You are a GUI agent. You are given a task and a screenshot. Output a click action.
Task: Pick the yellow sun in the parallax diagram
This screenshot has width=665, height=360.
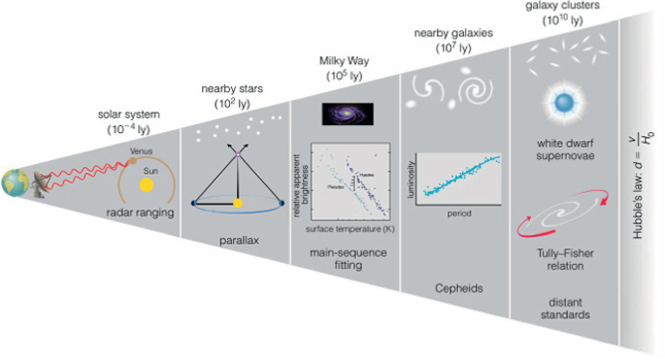point(238,204)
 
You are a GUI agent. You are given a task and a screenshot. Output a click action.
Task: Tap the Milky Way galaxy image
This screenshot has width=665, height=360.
point(349,114)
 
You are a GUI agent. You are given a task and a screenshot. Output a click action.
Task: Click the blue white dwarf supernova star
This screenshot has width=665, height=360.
point(562,101)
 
